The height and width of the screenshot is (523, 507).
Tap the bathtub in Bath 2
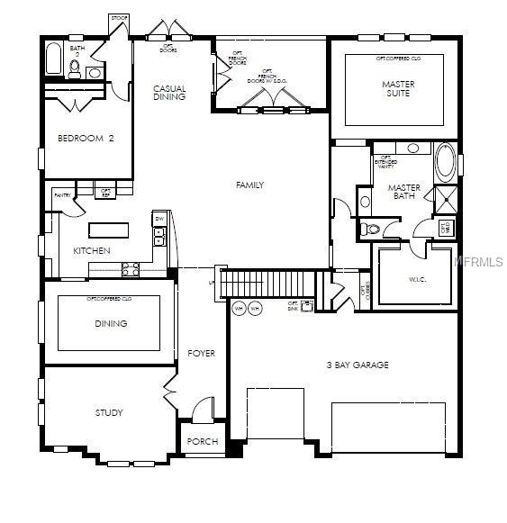point(53,61)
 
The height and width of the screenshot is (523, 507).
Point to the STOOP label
point(119,18)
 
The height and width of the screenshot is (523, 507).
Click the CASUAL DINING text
point(169,92)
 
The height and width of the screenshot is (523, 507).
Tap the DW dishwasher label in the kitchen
point(158,219)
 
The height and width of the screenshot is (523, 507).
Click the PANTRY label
point(62,195)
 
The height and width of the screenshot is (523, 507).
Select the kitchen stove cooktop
point(131,267)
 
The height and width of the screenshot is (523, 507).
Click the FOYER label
point(202,354)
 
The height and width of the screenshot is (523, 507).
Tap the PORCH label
point(202,441)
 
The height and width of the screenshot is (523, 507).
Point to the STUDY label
point(109,413)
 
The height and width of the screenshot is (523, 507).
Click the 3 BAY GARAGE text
point(358,365)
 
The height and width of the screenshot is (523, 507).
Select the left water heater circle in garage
point(240,309)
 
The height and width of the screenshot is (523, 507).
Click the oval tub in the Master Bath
point(445,163)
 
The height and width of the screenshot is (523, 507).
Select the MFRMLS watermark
point(478,262)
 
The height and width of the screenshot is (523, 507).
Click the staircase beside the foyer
point(270,284)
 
